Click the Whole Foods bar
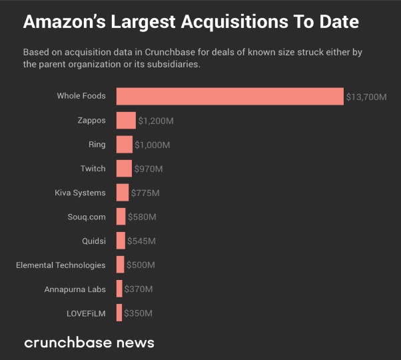tap(230, 96)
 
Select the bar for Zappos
tap(126, 121)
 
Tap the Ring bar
tap(125, 145)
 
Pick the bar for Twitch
tap(124, 169)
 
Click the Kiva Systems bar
tap(123, 193)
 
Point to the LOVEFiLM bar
tap(119, 313)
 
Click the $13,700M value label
tap(366, 97)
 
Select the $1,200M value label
tap(156, 121)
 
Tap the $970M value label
tap(149, 169)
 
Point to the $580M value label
tap(142, 217)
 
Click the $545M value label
tap(141, 241)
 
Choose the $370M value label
tap(139, 289)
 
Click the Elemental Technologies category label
tap(61, 265)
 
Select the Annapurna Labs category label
tap(75, 289)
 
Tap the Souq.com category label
tap(87, 217)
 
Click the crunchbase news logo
tap(89, 343)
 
